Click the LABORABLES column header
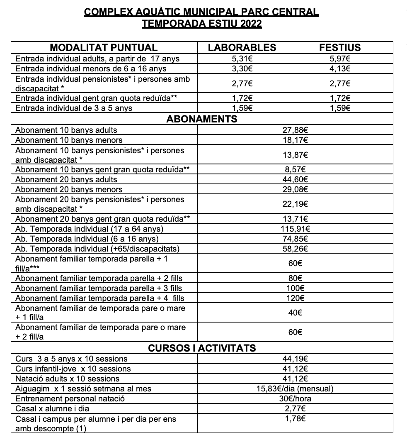[x=242, y=47]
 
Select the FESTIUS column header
[x=340, y=47]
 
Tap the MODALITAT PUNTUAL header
[x=104, y=47]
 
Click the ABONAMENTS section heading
[x=202, y=119]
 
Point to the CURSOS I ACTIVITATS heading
[x=202, y=348]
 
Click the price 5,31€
[x=242, y=59]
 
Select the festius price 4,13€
[x=340, y=69]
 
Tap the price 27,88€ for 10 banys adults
[x=296, y=130]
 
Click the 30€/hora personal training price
[x=296, y=399]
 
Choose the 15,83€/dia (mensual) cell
[x=296, y=389]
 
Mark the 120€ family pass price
[x=295, y=298]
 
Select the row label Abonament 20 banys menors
[x=69, y=190]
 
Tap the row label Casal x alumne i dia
[x=52, y=409]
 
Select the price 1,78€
[x=296, y=419]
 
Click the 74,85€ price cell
[x=296, y=239]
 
